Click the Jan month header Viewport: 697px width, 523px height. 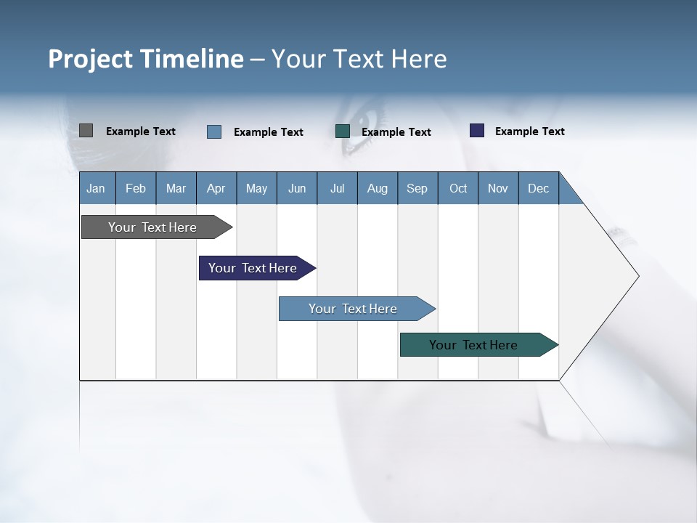pos(97,188)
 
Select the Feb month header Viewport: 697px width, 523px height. pos(136,188)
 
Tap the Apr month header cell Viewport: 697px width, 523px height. pos(216,188)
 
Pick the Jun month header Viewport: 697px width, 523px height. pos(297,188)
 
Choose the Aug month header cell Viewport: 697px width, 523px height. pos(378,188)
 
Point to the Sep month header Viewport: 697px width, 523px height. pos(417,188)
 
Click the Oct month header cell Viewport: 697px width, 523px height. pos(458,188)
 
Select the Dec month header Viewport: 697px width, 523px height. pos(539,188)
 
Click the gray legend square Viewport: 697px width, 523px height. pos(86,131)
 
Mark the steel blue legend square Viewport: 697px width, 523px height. pos(214,131)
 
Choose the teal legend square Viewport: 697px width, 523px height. pos(343,131)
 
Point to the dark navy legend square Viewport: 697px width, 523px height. pos(477,131)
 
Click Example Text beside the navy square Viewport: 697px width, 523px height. pos(529,131)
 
